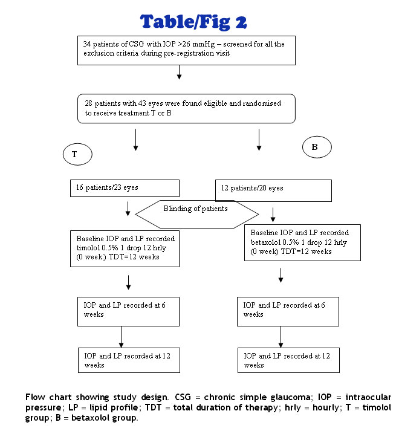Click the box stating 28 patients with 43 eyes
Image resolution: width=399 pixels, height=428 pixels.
pyautogui.click(x=187, y=109)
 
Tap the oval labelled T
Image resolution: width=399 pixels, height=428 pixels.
pyautogui.click(x=77, y=155)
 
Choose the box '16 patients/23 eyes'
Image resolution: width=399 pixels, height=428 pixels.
pyautogui.click(x=124, y=188)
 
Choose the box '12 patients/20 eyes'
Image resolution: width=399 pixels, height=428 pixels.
pyautogui.click(x=273, y=190)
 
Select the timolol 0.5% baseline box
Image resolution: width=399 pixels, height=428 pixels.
pyautogui.click(x=124, y=248)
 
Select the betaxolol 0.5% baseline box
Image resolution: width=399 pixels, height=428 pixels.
pyautogui.click(x=293, y=242)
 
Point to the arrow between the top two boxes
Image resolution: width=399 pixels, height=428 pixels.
pyautogui.click(x=180, y=72)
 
